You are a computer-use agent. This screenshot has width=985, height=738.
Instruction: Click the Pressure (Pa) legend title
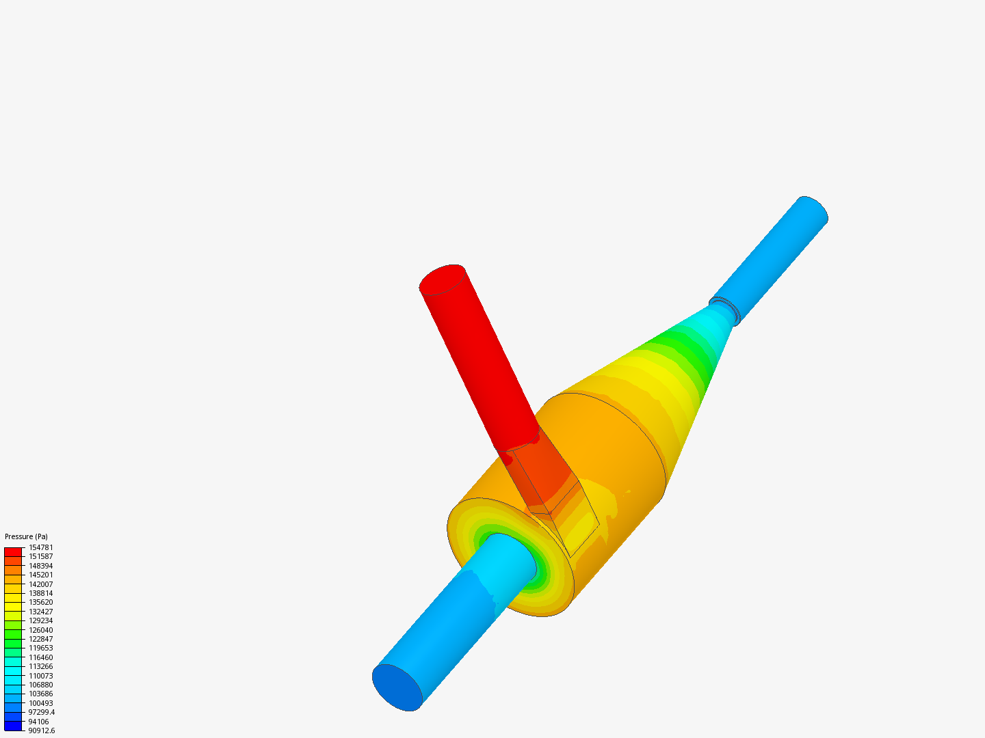[x=26, y=536]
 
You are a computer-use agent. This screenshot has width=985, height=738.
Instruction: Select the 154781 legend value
[x=41, y=547]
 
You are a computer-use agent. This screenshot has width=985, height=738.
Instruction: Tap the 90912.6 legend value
[x=42, y=731]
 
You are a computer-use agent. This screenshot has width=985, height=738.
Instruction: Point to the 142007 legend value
[x=41, y=584]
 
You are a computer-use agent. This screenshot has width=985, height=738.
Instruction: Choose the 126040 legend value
[x=41, y=630]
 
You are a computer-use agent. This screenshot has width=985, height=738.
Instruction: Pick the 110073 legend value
[x=41, y=676]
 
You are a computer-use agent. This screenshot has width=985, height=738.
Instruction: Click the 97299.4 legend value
[x=42, y=713]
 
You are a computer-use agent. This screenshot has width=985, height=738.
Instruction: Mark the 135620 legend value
[x=41, y=602]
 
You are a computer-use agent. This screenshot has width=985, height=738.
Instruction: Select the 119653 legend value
[x=41, y=648]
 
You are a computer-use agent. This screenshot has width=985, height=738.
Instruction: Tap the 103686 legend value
[x=41, y=694]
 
